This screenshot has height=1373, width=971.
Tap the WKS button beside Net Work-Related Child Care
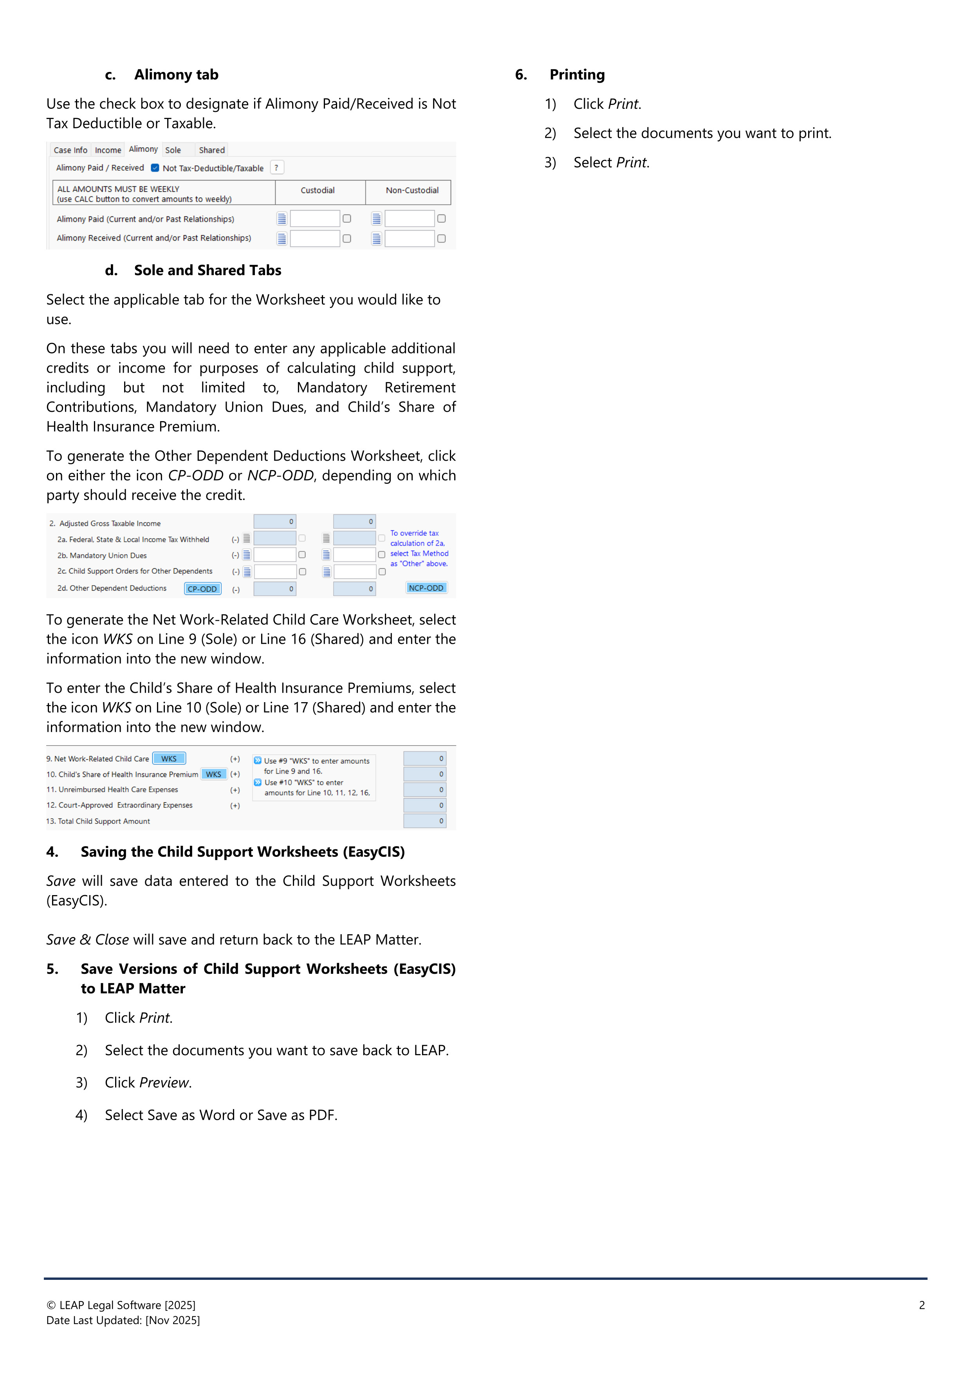(169, 758)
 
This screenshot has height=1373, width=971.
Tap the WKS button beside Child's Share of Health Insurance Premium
(214, 774)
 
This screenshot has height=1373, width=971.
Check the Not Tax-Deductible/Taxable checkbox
(155, 168)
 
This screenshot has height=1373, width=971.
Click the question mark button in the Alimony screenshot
(276, 168)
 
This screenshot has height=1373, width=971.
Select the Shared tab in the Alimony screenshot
(212, 150)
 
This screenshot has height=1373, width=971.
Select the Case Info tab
(70, 150)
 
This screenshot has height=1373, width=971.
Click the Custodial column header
(317, 190)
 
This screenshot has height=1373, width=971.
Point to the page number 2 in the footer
(921, 1305)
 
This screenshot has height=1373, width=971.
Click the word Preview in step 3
(164, 1082)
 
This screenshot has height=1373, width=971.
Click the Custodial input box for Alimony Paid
(315, 219)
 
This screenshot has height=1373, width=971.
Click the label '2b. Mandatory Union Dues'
(102, 555)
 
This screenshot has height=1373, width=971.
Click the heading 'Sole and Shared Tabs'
(207, 270)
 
